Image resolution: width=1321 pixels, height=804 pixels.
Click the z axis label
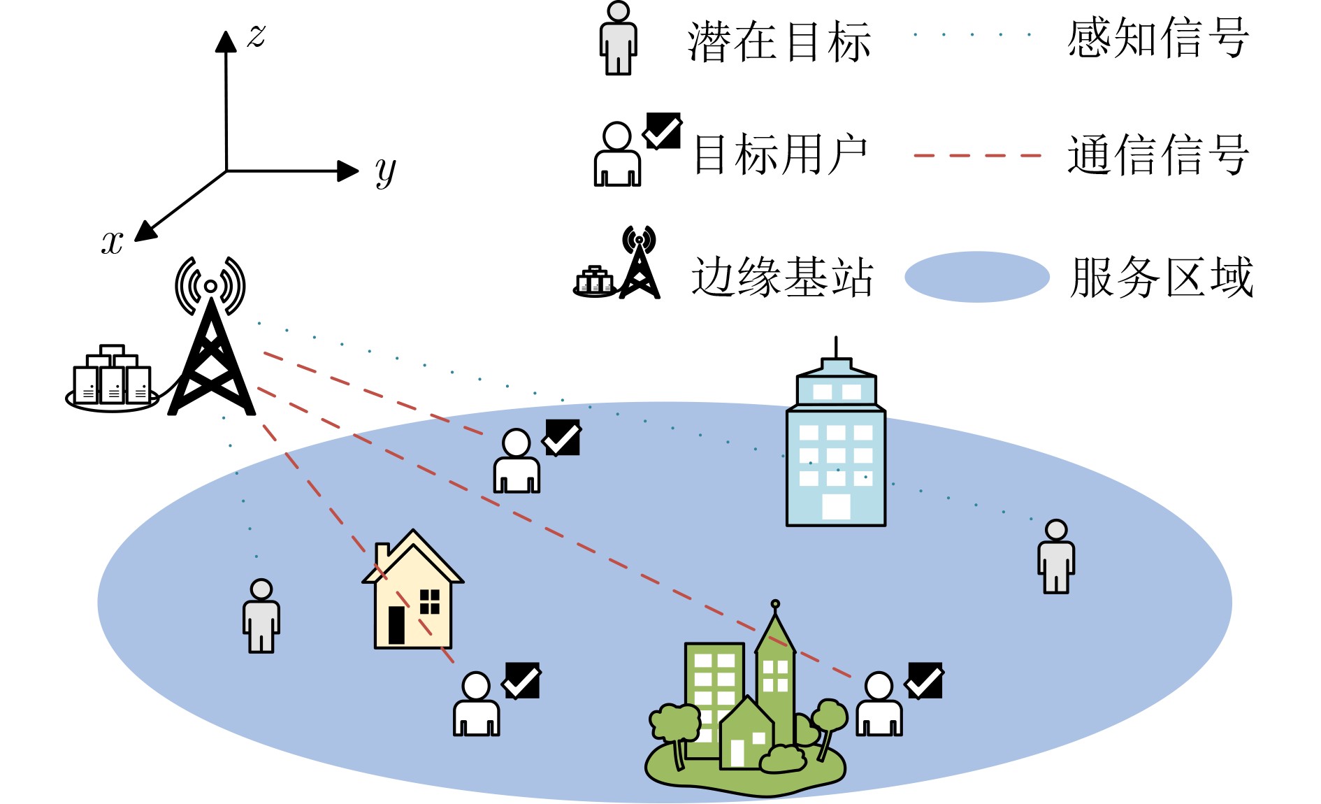[257, 35]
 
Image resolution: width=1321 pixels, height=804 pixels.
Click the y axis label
[385, 171]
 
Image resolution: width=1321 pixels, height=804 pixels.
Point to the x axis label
[113, 242]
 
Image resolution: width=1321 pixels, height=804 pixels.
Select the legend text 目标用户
[780, 155]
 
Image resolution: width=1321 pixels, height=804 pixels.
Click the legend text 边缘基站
[782, 278]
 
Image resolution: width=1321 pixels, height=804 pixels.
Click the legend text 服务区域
[1161, 278]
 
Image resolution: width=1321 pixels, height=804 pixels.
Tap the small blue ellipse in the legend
[976, 277]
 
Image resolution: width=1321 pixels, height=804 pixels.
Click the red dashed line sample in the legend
[977, 155]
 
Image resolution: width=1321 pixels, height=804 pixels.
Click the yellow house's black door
[396, 624]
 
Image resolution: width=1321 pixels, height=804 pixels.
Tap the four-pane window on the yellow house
[430, 601]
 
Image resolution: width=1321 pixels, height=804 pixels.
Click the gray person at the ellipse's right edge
[1056, 557]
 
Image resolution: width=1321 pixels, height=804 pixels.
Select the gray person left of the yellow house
[261, 616]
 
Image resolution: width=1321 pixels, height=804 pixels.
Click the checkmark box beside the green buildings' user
[925, 680]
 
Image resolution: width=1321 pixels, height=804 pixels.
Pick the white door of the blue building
[836, 506]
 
